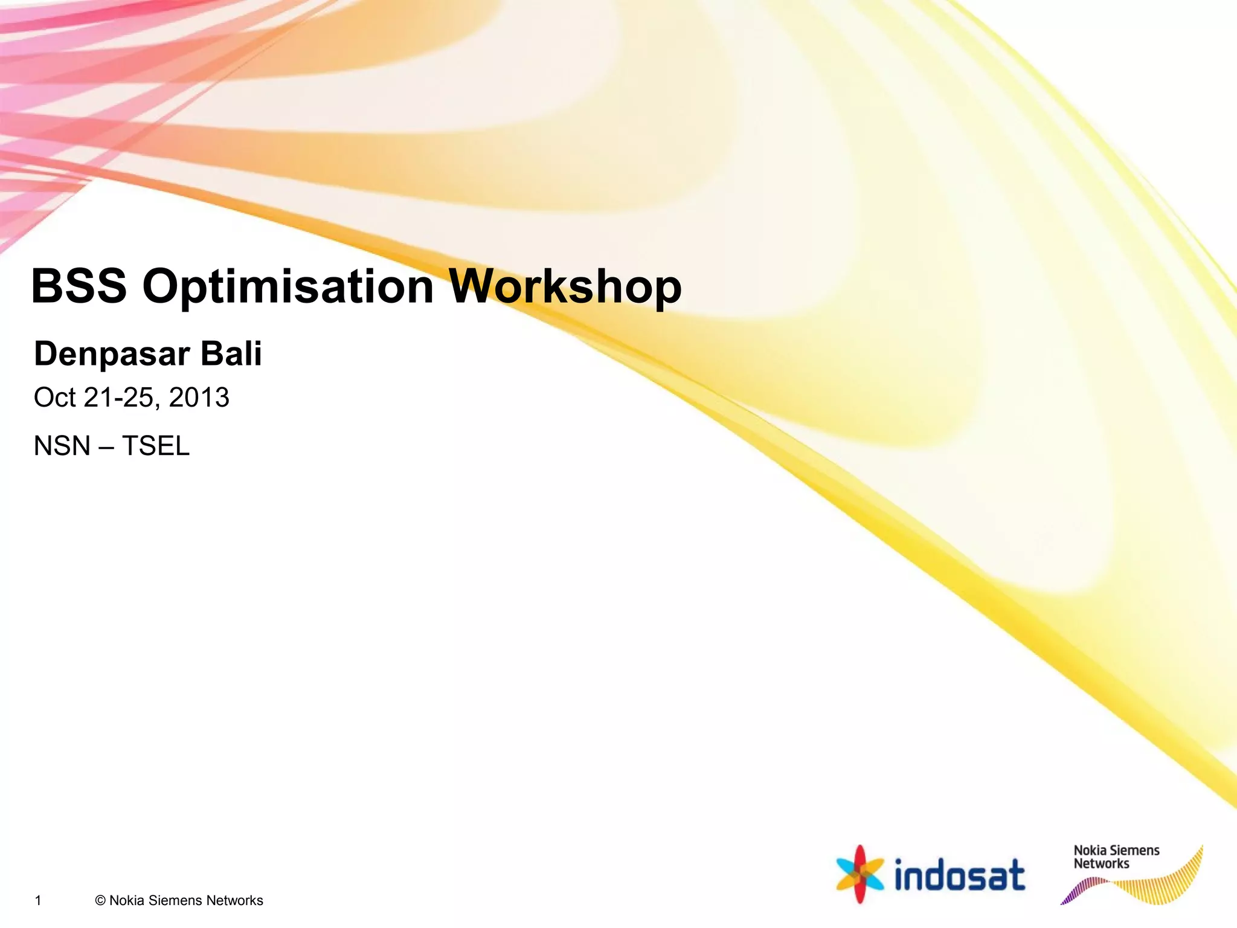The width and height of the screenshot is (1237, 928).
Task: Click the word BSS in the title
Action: click(79, 286)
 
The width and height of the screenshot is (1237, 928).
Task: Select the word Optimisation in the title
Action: click(288, 286)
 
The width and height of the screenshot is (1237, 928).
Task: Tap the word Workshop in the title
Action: click(565, 286)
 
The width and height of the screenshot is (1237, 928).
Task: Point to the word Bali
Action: click(231, 353)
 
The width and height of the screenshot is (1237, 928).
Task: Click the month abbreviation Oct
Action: click(54, 398)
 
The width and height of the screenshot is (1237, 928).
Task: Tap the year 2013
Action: click(199, 398)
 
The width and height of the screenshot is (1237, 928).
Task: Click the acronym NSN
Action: click(62, 446)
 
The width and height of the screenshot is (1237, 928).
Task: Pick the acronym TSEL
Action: click(156, 446)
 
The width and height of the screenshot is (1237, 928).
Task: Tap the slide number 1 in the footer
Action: click(38, 901)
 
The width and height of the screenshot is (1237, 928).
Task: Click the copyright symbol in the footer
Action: click(100, 901)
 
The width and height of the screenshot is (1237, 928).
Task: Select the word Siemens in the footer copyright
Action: click(175, 901)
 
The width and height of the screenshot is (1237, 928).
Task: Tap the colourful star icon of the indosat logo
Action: click(859, 874)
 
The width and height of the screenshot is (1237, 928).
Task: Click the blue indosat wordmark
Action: click(959, 875)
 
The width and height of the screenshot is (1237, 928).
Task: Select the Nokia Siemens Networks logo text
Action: click(1116, 857)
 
